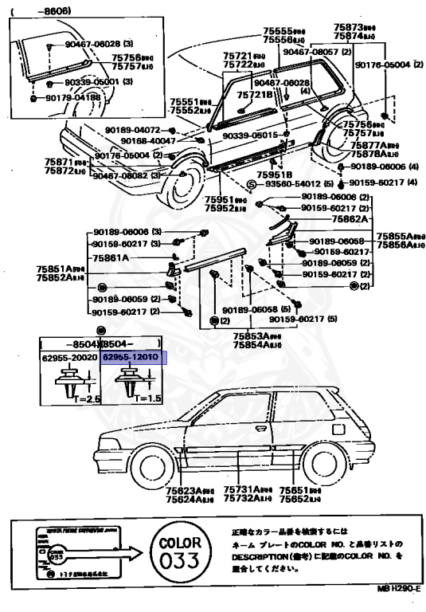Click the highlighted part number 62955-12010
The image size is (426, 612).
131,359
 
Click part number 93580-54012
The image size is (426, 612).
288,183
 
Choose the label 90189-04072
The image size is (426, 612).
133,129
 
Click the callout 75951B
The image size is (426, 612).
274,174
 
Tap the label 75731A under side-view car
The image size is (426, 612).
239,491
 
